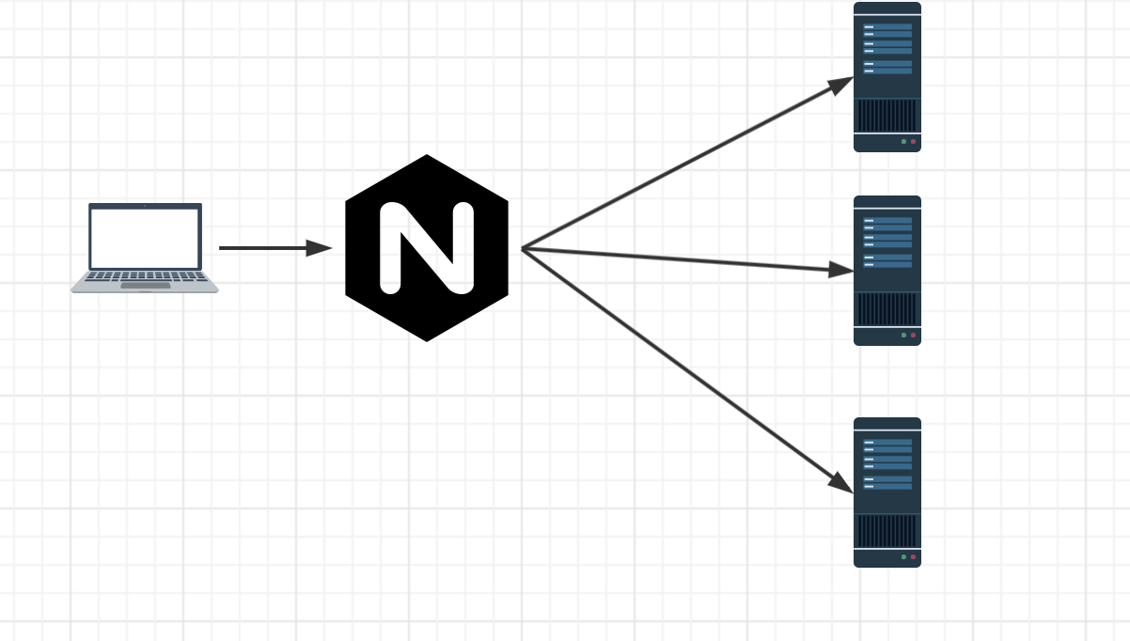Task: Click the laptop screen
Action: click(x=145, y=238)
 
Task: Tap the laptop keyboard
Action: click(x=145, y=276)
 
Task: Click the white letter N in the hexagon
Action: click(x=427, y=247)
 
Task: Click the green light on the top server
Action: click(x=903, y=142)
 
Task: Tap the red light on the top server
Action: click(x=913, y=142)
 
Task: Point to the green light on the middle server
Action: click(x=903, y=336)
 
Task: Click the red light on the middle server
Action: click(x=913, y=336)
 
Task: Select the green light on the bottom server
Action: click(x=903, y=557)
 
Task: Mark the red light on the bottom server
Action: click(x=913, y=557)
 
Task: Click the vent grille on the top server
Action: click(x=887, y=116)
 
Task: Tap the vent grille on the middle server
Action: click(x=887, y=309)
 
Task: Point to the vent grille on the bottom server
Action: click(x=887, y=531)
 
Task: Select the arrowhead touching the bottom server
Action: click(x=840, y=481)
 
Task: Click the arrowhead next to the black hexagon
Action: click(x=320, y=248)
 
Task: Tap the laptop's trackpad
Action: click(x=145, y=285)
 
